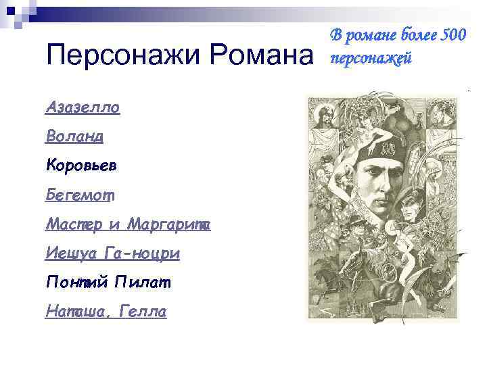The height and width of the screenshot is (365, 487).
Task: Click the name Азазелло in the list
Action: click(83, 107)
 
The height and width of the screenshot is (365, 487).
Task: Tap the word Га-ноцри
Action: click(143, 253)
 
